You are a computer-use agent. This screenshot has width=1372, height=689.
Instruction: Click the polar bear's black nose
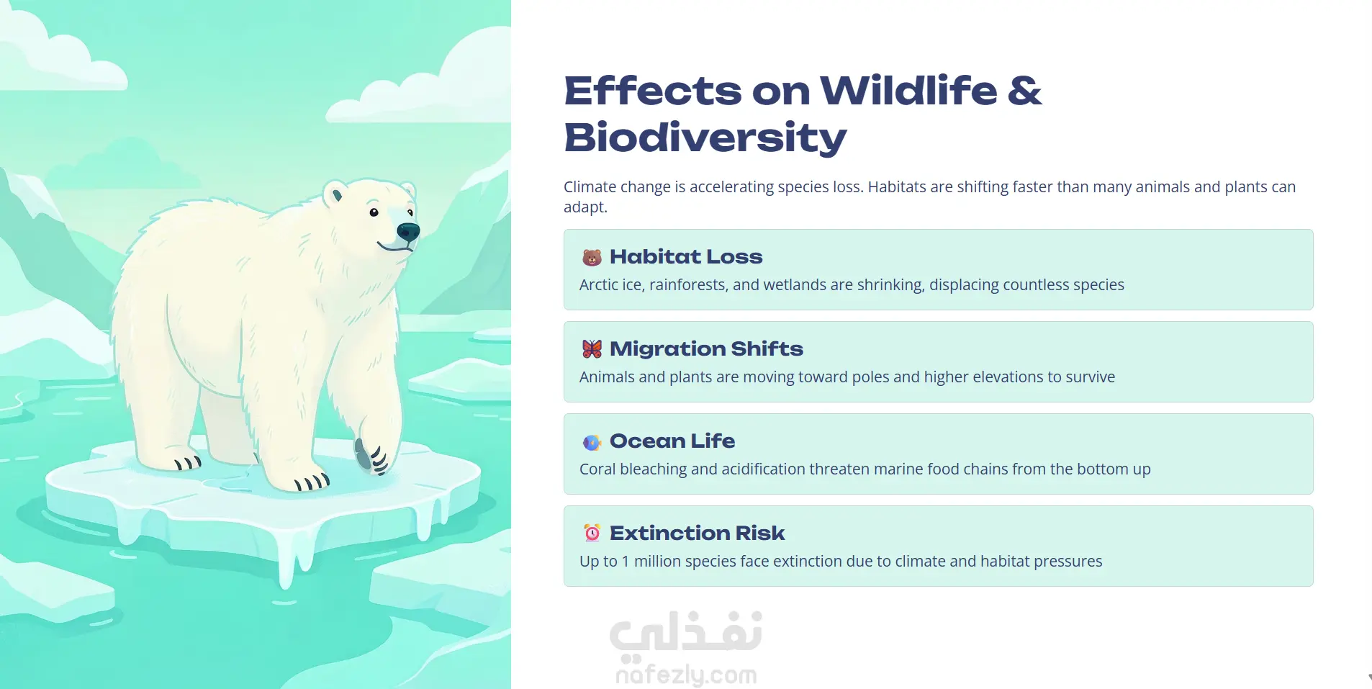pos(408,232)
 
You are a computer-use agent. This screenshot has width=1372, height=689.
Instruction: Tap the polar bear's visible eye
pos(374,212)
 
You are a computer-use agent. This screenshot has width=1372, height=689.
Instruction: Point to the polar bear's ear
pos(336,194)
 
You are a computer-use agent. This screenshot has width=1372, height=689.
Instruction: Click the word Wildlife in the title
pos(908,91)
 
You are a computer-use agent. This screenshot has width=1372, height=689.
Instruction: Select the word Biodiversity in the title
pos(705,138)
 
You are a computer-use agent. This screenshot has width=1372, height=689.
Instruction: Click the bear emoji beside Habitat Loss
pos(592,257)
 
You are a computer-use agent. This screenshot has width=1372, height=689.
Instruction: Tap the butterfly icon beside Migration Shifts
pos(592,349)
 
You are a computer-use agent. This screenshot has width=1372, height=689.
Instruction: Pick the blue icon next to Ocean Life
pos(592,441)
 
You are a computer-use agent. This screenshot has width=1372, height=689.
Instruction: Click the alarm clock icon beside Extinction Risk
pos(592,533)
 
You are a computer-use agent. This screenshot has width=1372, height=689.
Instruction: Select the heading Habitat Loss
pos(686,257)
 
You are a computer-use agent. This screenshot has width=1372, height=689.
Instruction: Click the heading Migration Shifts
pos(706,349)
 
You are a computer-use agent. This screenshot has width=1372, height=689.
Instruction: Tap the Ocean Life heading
pos(672,441)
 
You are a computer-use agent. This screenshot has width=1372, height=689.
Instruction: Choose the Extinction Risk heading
pos(697,533)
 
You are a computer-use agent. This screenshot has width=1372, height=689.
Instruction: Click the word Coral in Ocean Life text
pos(597,469)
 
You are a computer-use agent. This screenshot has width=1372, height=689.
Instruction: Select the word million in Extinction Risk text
pos(657,562)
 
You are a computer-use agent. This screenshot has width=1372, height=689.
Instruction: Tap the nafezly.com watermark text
pos(686,675)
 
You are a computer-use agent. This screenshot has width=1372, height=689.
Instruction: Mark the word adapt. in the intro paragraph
pos(585,207)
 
